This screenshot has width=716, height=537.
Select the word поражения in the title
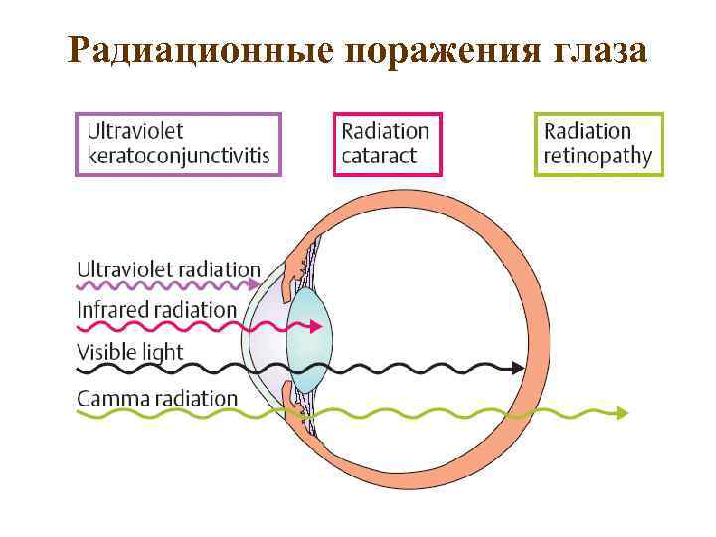click(439, 52)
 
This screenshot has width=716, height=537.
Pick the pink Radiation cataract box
click(386, 144)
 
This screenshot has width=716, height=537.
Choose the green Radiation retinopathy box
click(598, 144)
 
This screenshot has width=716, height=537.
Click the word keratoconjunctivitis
click(179, 157)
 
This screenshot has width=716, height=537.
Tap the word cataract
click(379, 157)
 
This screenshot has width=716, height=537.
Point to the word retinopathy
click(598, 157)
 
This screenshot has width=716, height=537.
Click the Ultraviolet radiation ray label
click(169, 269)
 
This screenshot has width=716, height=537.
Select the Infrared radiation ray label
click(157, 310)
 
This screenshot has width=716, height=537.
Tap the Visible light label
click(130, 352)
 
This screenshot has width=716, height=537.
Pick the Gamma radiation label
click(158, 399)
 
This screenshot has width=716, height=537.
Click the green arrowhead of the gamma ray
click(622, 412)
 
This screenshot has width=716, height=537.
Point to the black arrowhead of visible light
click(518, 367)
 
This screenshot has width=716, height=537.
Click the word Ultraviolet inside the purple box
click(135, 131)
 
